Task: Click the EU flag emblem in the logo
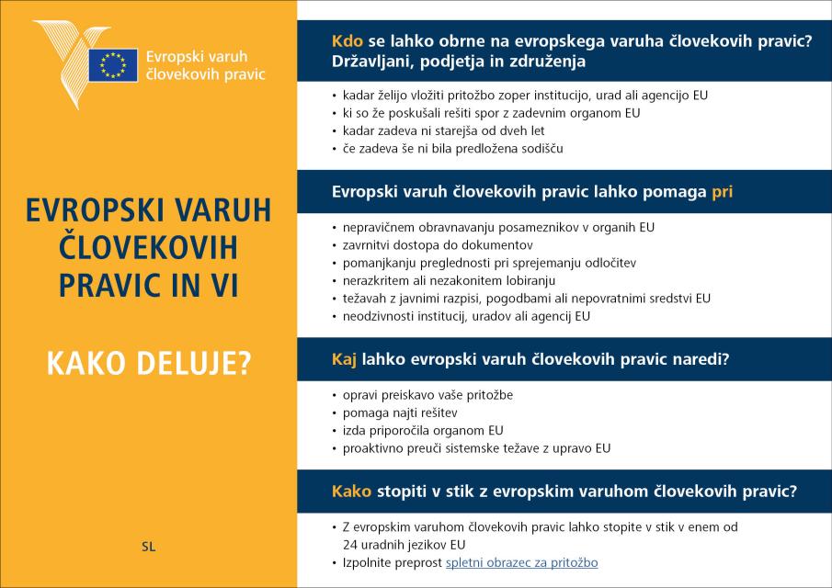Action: pyautogui.click(x=113, y=64)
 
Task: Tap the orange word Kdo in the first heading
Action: pyautogui.click(x=348, y=42)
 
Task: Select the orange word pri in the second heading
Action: pyautogui.click(x=723, y=193)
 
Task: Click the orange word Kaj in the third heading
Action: pyautogui.click(x=344, y=360)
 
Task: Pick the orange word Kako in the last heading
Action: pyautogui.click(x=352, y=491)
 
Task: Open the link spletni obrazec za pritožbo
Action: pyautogui.click(x=521, y=562)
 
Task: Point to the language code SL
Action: pyautogui.click(x=149, y=547)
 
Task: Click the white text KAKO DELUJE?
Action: pyautogui.click(x=149, y=364)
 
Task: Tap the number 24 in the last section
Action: pyautogui.click(x=350, y=544)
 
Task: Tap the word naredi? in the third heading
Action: pyautogui.click(x=700, y=360)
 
